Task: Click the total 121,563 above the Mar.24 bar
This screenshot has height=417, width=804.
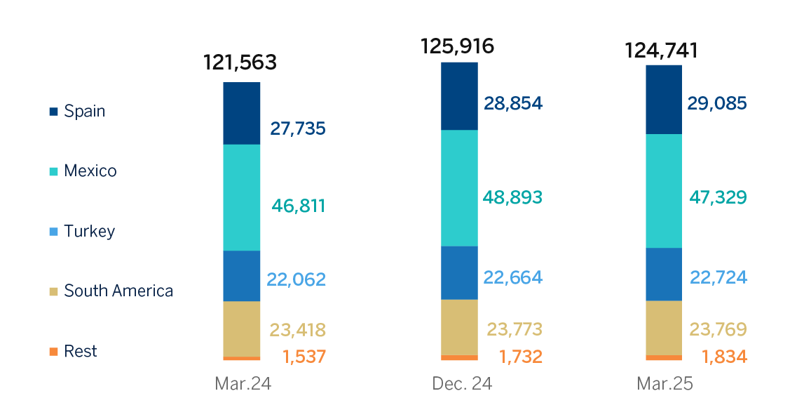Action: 240,62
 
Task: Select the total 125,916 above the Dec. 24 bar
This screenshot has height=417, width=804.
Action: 457,46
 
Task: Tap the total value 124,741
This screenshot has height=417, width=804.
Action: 662,51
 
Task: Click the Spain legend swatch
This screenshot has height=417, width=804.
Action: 54,112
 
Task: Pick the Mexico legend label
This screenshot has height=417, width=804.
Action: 90,171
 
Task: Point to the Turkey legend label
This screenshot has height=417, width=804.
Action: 89,232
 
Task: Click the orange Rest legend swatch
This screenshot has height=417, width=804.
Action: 54,352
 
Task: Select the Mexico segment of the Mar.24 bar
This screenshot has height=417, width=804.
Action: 242,197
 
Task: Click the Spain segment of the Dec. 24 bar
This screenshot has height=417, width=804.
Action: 459,96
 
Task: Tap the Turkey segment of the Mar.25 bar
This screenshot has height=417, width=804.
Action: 664,274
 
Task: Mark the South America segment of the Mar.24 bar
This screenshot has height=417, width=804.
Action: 242,329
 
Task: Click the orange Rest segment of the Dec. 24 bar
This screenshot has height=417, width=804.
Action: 459,357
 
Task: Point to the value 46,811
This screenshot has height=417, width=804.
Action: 298,206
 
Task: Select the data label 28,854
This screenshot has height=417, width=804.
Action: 512,103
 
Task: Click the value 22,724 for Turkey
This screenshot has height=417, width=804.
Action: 718,277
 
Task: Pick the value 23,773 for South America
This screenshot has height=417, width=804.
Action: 514,329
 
